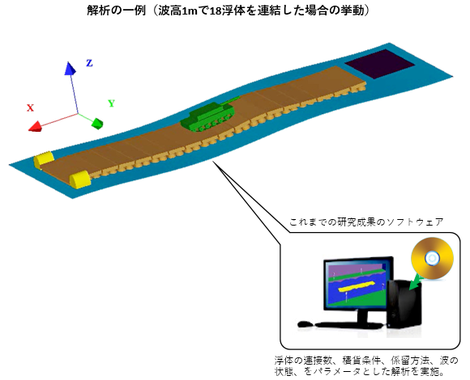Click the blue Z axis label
point(89,63)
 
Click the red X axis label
point(30,108)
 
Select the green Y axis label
point(112,103)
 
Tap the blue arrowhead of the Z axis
point(70,68)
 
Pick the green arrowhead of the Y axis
point(97,124)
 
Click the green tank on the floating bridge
point(208,116)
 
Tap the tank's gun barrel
point(231,100)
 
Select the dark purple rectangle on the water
point(380,64)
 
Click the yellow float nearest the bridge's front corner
point(80,179)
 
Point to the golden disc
point(432,258)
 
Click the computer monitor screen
point(357,283)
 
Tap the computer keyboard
point(349,325)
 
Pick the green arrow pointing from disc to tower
point(417,283)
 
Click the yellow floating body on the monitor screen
point(356,286)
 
